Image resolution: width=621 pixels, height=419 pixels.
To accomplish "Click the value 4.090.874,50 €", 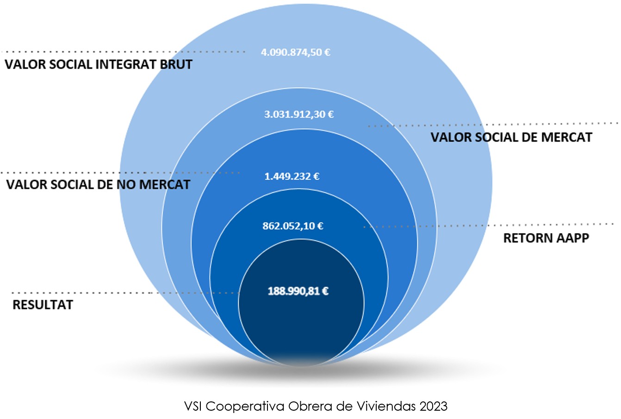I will (x=296, y=52).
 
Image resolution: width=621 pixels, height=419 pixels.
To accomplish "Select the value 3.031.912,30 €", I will (x=299, y=114).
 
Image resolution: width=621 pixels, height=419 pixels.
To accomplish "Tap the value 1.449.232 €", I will (x=292, y=176).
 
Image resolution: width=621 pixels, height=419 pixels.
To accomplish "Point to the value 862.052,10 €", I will (x=293, y=226).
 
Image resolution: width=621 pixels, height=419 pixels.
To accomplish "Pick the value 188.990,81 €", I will (x=298, y=291).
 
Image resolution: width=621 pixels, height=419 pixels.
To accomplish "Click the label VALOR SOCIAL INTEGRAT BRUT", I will (x=99, y=64).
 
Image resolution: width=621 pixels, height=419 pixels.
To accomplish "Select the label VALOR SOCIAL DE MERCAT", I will (x=511, y=137).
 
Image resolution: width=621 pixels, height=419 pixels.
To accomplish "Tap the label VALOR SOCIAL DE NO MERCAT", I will (x=98, y=185).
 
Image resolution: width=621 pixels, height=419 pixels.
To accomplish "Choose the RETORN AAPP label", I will (x=546, y=238).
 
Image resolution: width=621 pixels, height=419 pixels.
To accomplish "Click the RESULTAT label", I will (x=43, y=305).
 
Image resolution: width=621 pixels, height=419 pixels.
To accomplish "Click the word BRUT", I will (x=176, y=64).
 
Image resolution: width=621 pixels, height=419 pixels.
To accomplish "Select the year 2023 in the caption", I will (x=434, y=406).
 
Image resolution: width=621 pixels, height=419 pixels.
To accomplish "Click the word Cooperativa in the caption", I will (x=245, y=406).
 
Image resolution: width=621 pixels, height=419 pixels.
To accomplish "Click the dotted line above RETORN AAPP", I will (x=491, y=225).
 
